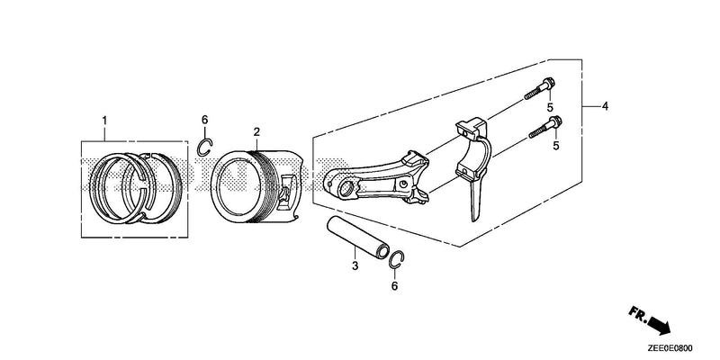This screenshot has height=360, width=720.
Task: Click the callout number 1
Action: tap(104, 121)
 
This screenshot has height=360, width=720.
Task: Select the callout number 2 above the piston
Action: tap(256, 132)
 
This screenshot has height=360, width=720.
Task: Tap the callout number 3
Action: tap(355, 265)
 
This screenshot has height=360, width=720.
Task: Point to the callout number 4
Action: tap(605, 106)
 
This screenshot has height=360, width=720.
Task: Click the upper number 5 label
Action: tap(550, 107)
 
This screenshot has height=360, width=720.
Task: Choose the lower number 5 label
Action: tap(556, 146)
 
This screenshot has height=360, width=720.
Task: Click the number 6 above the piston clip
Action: tap(205, 120)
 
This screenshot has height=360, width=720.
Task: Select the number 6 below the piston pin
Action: tap(394, 286)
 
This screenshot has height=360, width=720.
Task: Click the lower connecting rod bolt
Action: tap(545, 127)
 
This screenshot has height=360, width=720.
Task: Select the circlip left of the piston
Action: tap(205, 147)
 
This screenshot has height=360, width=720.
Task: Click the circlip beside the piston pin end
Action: tap(397, 259)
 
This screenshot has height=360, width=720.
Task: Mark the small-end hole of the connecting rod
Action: tap(347, 188)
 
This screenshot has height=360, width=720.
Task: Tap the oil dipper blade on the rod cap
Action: tap(476, 202)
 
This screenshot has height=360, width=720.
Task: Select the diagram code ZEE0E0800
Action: tap(670, 347)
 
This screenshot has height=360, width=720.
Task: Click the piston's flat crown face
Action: tap(238, 184)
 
